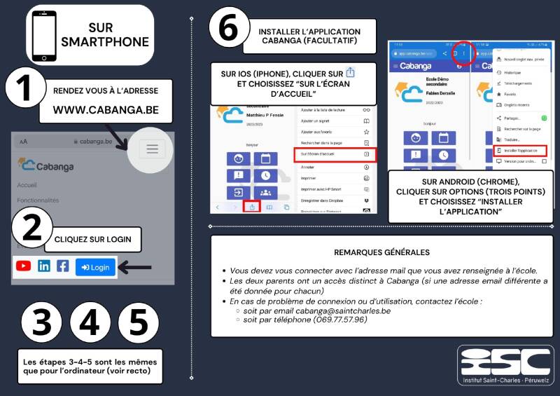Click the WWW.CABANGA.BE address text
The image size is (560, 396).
click(x=106, y=110)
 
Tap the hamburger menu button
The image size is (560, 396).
click(x=152, y=149)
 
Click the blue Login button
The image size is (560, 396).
click(x=95, y=267)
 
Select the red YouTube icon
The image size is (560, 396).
click(x=24, y=266)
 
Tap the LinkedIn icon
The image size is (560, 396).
click(x=43, y=266)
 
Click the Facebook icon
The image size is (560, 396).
click(x=63, y=266)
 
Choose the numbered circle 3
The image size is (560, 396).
click(x=42, y=324)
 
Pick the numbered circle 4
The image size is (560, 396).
click(x=90, y=324)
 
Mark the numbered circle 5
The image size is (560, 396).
click(x=138, y=324)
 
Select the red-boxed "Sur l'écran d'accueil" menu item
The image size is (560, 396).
click(x=335, y=153)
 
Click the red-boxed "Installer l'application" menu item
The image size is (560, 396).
click(x=520, y=150)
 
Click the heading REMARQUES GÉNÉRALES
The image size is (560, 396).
click(x=381, y=252)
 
